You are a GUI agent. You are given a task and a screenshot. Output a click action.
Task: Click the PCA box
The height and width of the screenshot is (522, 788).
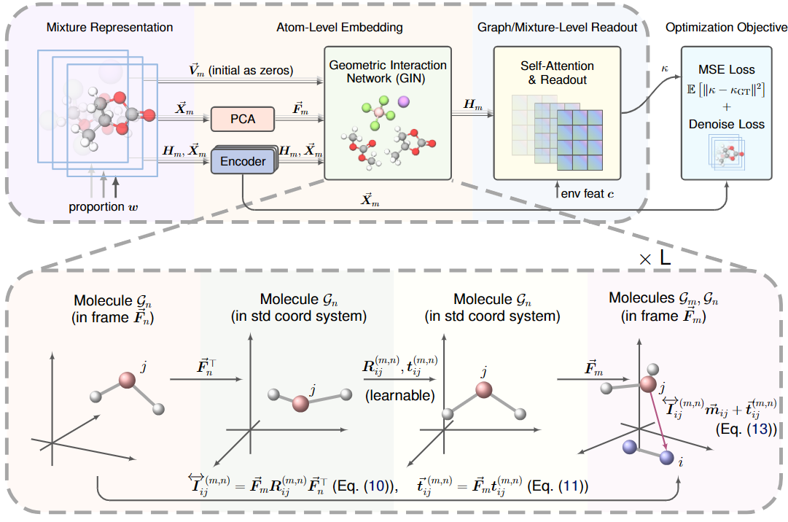click(x=243, y=118)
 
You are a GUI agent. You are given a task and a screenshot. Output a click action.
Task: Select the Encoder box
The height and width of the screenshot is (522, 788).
click(x=243, y=161)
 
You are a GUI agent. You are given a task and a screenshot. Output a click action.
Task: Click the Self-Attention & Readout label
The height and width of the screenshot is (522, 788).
click(x=557, y=73)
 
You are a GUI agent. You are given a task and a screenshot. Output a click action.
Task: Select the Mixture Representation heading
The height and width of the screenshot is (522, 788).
click(x=109, y=28)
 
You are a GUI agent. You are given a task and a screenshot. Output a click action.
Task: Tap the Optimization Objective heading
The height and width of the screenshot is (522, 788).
click(x=726, y=28)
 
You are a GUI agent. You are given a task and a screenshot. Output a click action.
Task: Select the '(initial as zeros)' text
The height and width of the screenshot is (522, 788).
click(x=250, y=71)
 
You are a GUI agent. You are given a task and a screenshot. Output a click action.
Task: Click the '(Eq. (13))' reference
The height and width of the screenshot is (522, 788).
click(x=748, y=430)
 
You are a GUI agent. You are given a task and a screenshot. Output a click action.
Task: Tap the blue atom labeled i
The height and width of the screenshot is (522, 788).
click(x=665, y=458)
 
